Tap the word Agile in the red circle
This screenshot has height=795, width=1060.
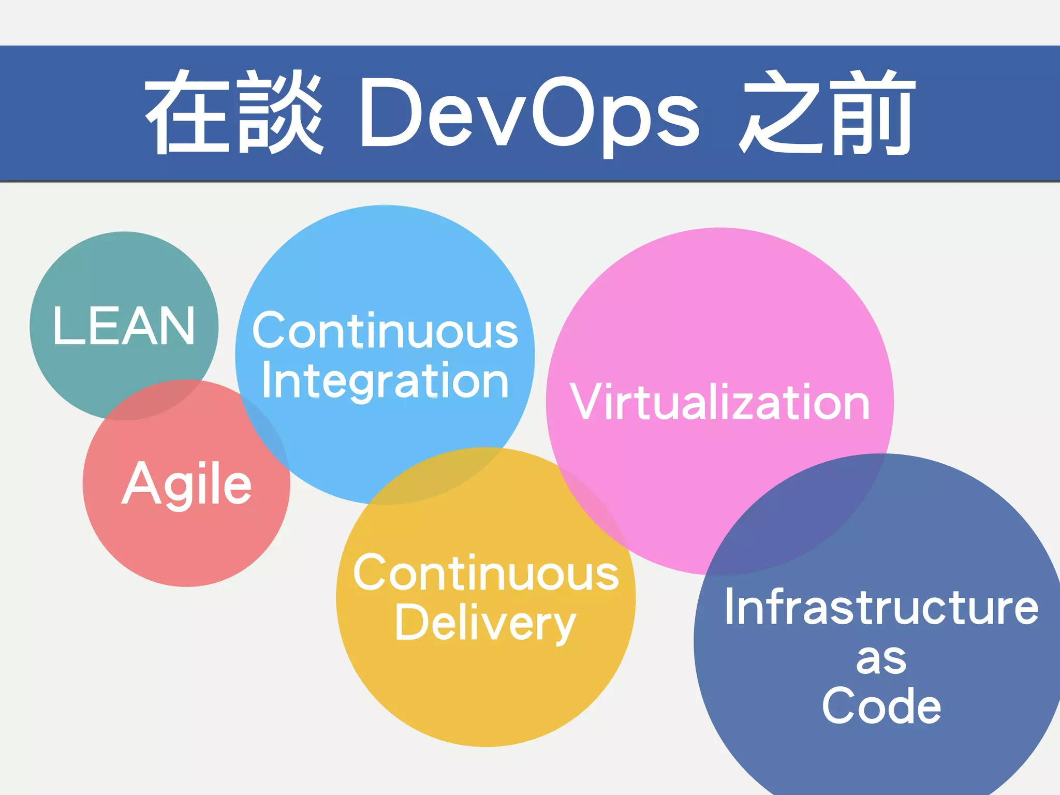pyautogui.click(x=186, y=484)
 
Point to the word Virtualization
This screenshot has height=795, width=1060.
pyautogui.click(x=720, y=402)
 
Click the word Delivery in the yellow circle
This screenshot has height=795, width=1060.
pyautogui.click(x=485, y=624)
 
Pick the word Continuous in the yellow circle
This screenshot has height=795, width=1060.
pyautogui.click(x=486, y=572)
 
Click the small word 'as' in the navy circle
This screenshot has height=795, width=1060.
pyautogui.click(x=881, y=660)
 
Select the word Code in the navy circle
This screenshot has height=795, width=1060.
pyautogui.click(x=881, y=706)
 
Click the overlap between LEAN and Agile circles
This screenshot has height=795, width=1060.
pyautogui.click(x=155, y=401)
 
